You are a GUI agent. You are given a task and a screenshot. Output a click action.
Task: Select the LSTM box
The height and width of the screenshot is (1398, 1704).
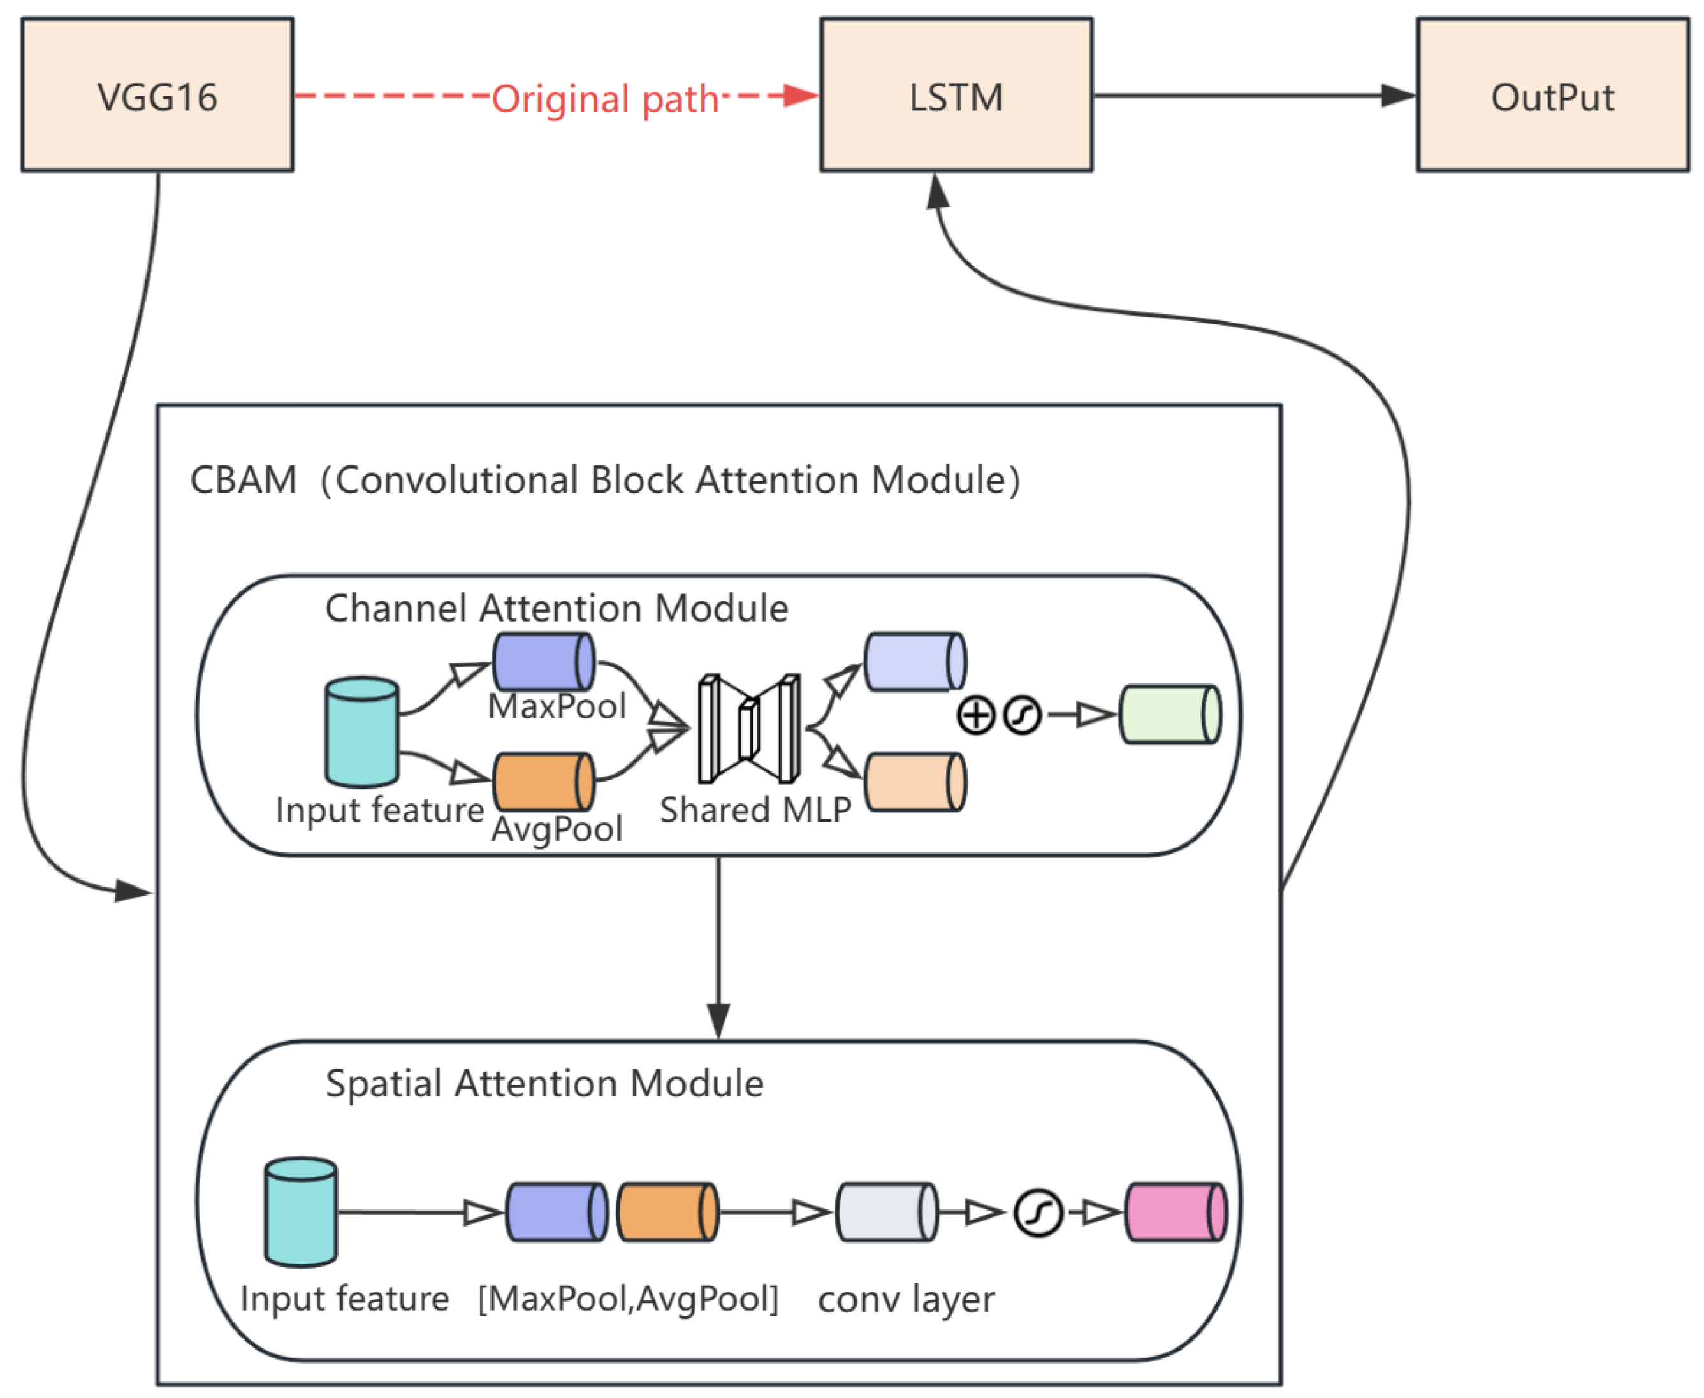pyautogui.click(x=956, y=95)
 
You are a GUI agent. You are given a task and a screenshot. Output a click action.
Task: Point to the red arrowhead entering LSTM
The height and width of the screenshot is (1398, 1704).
pyautogui.click(x=801, y=95)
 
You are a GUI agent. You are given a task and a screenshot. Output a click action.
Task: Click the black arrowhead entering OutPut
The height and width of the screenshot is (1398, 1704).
pyautogui.click(x=1398, y=95)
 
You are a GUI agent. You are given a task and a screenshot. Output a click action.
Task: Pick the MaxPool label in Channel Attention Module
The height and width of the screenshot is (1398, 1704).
pyautogui.click(x=557, y=706)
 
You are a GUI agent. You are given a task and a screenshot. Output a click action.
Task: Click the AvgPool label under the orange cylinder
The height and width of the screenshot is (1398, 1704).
pyautogui.click(x=557, y=829)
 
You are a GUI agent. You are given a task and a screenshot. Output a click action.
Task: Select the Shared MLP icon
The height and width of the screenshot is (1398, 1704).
pyautogui.click(x=749, y=729)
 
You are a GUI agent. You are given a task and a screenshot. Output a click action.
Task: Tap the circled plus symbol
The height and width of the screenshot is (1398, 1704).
pyautogui.click(x=976, y=715)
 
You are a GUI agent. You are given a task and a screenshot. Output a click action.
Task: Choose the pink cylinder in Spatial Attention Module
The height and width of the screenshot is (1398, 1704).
pyautogui.click(x=1175, y=1212)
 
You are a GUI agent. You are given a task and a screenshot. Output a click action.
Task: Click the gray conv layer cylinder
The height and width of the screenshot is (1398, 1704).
pyautogui.click(x=887, y=1212)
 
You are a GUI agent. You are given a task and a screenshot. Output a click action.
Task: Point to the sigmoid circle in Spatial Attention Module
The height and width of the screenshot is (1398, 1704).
pyautogui.click(x=1038, y=1212)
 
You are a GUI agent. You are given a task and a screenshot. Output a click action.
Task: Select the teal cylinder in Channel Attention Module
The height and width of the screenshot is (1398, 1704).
pyautogui.click(x=361, y=732)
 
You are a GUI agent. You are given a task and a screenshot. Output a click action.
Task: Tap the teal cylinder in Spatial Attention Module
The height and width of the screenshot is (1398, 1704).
pyautogui.click(x=301, y=1212)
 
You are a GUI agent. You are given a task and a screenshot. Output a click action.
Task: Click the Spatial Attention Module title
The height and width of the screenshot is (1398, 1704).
pyautogui.click(x=544, y=1083)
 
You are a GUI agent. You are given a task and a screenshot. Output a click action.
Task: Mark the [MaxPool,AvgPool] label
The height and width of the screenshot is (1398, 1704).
pyautogui.click(x=628, y=1298)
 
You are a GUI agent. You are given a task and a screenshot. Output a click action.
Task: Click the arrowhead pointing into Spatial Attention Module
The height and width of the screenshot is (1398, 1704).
pyautogui.click(x=718, y=1021)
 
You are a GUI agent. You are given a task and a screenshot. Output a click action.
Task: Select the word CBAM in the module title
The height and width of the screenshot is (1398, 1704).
pyautogui.click(x=243, y=480)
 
